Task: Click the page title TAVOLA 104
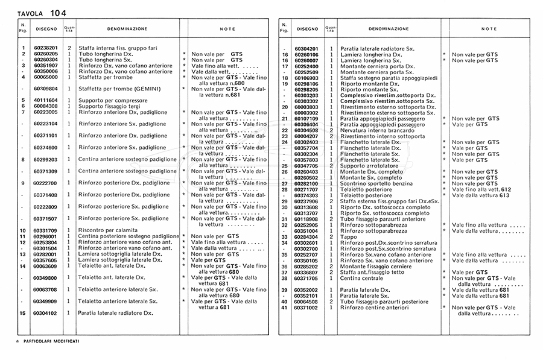[42, 13]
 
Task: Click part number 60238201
[45, 48]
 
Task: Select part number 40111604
[45, 99]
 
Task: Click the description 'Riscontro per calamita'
[108, 230]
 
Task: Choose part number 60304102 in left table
[45, 313]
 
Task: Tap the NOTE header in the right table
[489, 28]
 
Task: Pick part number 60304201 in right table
[306, 48]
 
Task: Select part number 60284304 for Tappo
[306, 236]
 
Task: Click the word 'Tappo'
[348, 236]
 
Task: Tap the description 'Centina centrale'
[361, 278]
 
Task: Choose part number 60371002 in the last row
[306, 308]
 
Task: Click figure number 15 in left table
[22, 313]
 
